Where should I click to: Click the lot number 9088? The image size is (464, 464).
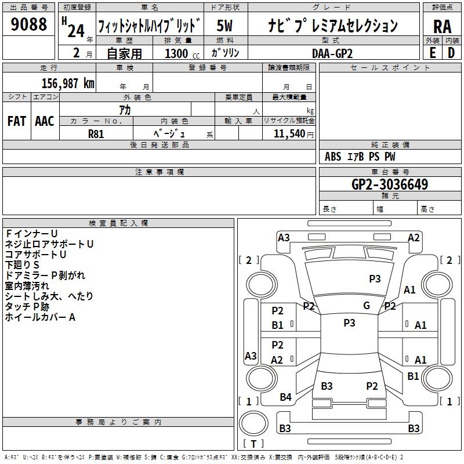tap(28, 24)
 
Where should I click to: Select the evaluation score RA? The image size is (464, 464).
tap(443, 27)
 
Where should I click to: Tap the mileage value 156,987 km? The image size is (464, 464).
tap(68, 83)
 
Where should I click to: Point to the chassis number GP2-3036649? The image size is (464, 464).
tap(390, 184)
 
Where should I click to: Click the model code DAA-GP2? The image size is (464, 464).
tap(332, 53)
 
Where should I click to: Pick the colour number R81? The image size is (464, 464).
tap(96, 134)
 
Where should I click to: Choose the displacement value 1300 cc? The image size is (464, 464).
tap(182, 53)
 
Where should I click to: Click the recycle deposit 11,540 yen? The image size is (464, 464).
tap(293, 134)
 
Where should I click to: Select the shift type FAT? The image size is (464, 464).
tap(17, 121)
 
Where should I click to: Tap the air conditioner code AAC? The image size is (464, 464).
tap(45, 121)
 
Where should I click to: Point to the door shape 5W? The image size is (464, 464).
tap(224, 26)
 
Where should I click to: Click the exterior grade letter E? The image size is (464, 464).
tap(433, 53)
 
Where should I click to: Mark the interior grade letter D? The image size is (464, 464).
tap(451, 53)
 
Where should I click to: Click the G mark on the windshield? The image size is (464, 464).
tap(367, 305)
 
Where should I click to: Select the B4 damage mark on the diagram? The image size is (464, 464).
tap(285, 397)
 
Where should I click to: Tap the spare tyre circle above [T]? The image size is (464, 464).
tap(253, 423)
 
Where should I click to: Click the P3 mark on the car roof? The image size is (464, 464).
tap(349, 322)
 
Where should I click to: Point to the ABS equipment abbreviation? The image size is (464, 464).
tap(333, 157)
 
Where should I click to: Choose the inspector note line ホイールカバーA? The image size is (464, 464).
tap(40, 317)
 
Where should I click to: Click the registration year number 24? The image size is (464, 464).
tap(76, 31)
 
